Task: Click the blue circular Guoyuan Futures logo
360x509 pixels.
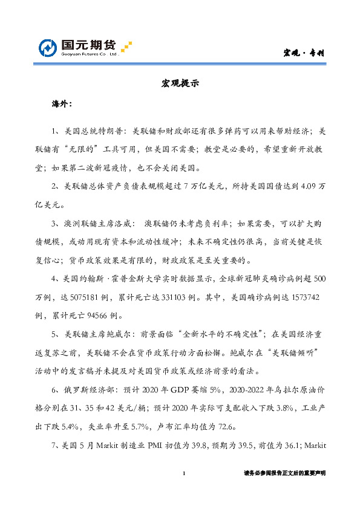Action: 48,48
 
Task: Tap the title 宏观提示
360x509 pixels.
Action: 180,84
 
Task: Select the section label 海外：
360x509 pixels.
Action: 62,104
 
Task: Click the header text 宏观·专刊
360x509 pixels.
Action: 304,53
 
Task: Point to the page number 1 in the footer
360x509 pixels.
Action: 183,473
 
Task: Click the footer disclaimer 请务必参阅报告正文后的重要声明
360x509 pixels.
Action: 284,473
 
